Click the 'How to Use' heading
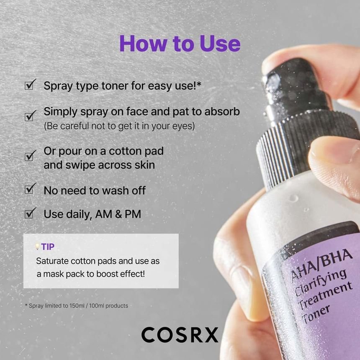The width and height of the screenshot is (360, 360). pos(180,44)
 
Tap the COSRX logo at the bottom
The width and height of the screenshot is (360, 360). pos(180,335)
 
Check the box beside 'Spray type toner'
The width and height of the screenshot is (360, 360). pos(29,85)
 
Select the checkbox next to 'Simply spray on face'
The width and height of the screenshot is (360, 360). pos(29,116)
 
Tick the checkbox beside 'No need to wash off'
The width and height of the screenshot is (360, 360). pos(29,189)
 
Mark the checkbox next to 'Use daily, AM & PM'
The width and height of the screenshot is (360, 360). pos(29,213)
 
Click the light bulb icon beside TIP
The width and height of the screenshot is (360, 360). pos(37,247)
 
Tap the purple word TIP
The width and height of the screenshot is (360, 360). pos(48,247)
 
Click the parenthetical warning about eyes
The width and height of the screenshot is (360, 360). pos(119,126)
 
